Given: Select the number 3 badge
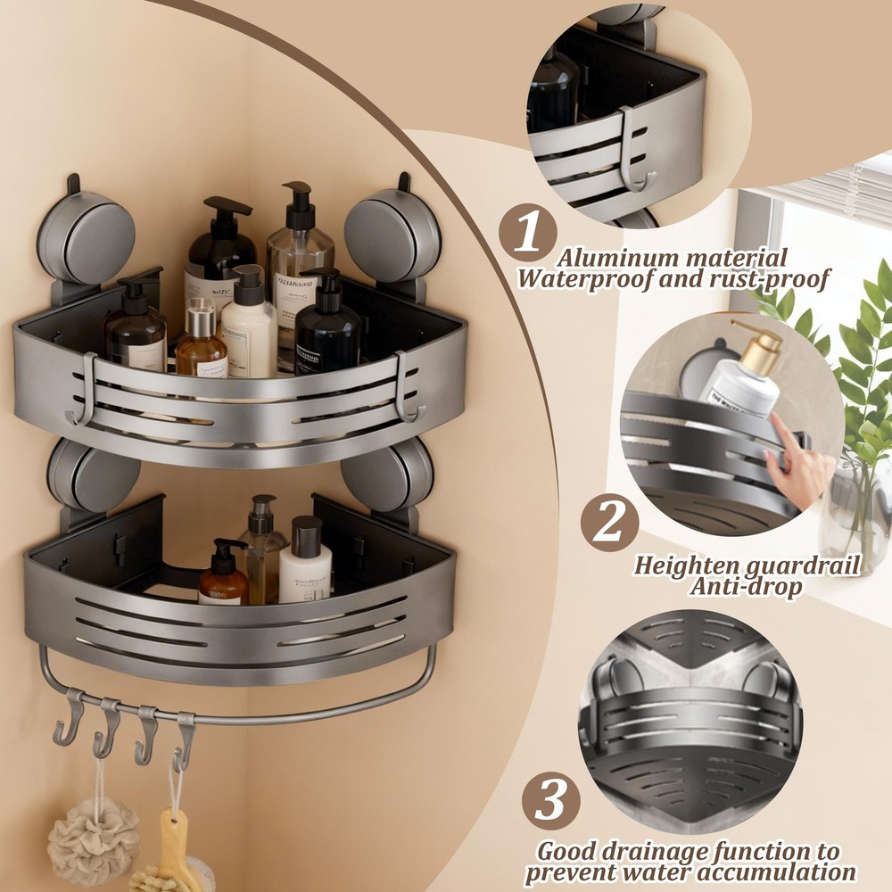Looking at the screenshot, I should point(550,801).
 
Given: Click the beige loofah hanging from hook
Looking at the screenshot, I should point(93,838).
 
